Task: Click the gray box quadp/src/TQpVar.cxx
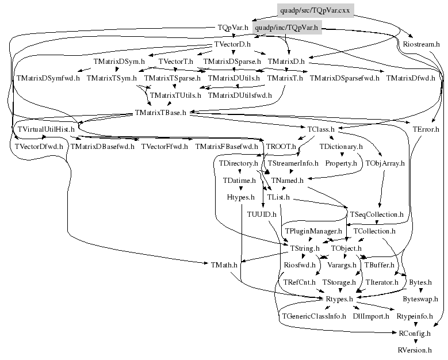pyautogui.click(x=315, y=10)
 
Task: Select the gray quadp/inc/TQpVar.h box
pyautogui.click(x=286, y=27)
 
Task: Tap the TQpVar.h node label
pyautogui.click(x=232, y=27)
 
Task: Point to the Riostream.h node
pyautogui.click(x=421, y=44)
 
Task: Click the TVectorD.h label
pyautogui.click(x=232, y=44)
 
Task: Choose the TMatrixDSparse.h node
pyautogui.click(x=232, y=60)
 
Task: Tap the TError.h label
pyautogui.click(x=426, y=129)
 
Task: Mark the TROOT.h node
pyautogui.click(x=281, y=147)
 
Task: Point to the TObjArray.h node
pyautogui.click(x=385, y=164)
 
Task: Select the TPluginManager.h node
pyautogui.click(x=311, y=231)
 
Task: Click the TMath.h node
pyautogui.click(x=225, y=265)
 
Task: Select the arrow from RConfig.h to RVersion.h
pyautogui.click(x=415, y=341)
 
